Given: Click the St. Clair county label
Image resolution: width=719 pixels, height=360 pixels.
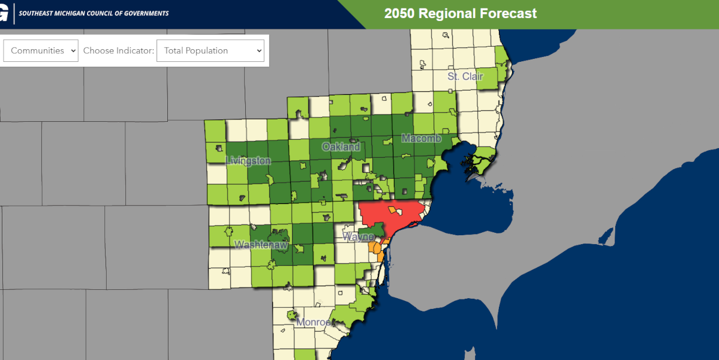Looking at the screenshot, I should coord(465,77).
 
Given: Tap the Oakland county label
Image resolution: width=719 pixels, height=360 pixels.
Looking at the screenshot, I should coord(341,147).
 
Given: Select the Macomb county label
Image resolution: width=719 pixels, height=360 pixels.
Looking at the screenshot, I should coord(421,139).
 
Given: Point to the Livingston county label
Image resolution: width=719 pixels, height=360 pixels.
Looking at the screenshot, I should coord(248,161).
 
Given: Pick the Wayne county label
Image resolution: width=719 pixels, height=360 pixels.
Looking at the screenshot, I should coord(358,237).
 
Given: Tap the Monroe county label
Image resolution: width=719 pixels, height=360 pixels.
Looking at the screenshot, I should coord(313,322).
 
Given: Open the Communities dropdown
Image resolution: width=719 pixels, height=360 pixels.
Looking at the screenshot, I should coord(41,51).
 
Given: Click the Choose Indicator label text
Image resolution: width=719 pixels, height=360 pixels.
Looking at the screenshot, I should coord(118,51).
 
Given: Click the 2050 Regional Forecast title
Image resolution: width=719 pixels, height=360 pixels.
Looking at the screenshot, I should coord(461,13).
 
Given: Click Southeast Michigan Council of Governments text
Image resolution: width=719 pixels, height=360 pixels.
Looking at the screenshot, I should coord(94,13).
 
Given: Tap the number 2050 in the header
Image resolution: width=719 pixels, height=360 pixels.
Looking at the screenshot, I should coord(399,13).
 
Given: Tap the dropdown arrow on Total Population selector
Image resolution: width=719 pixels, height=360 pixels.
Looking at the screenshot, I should coord(259,51).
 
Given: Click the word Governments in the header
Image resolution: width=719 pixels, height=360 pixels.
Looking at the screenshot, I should coord(149,13).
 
